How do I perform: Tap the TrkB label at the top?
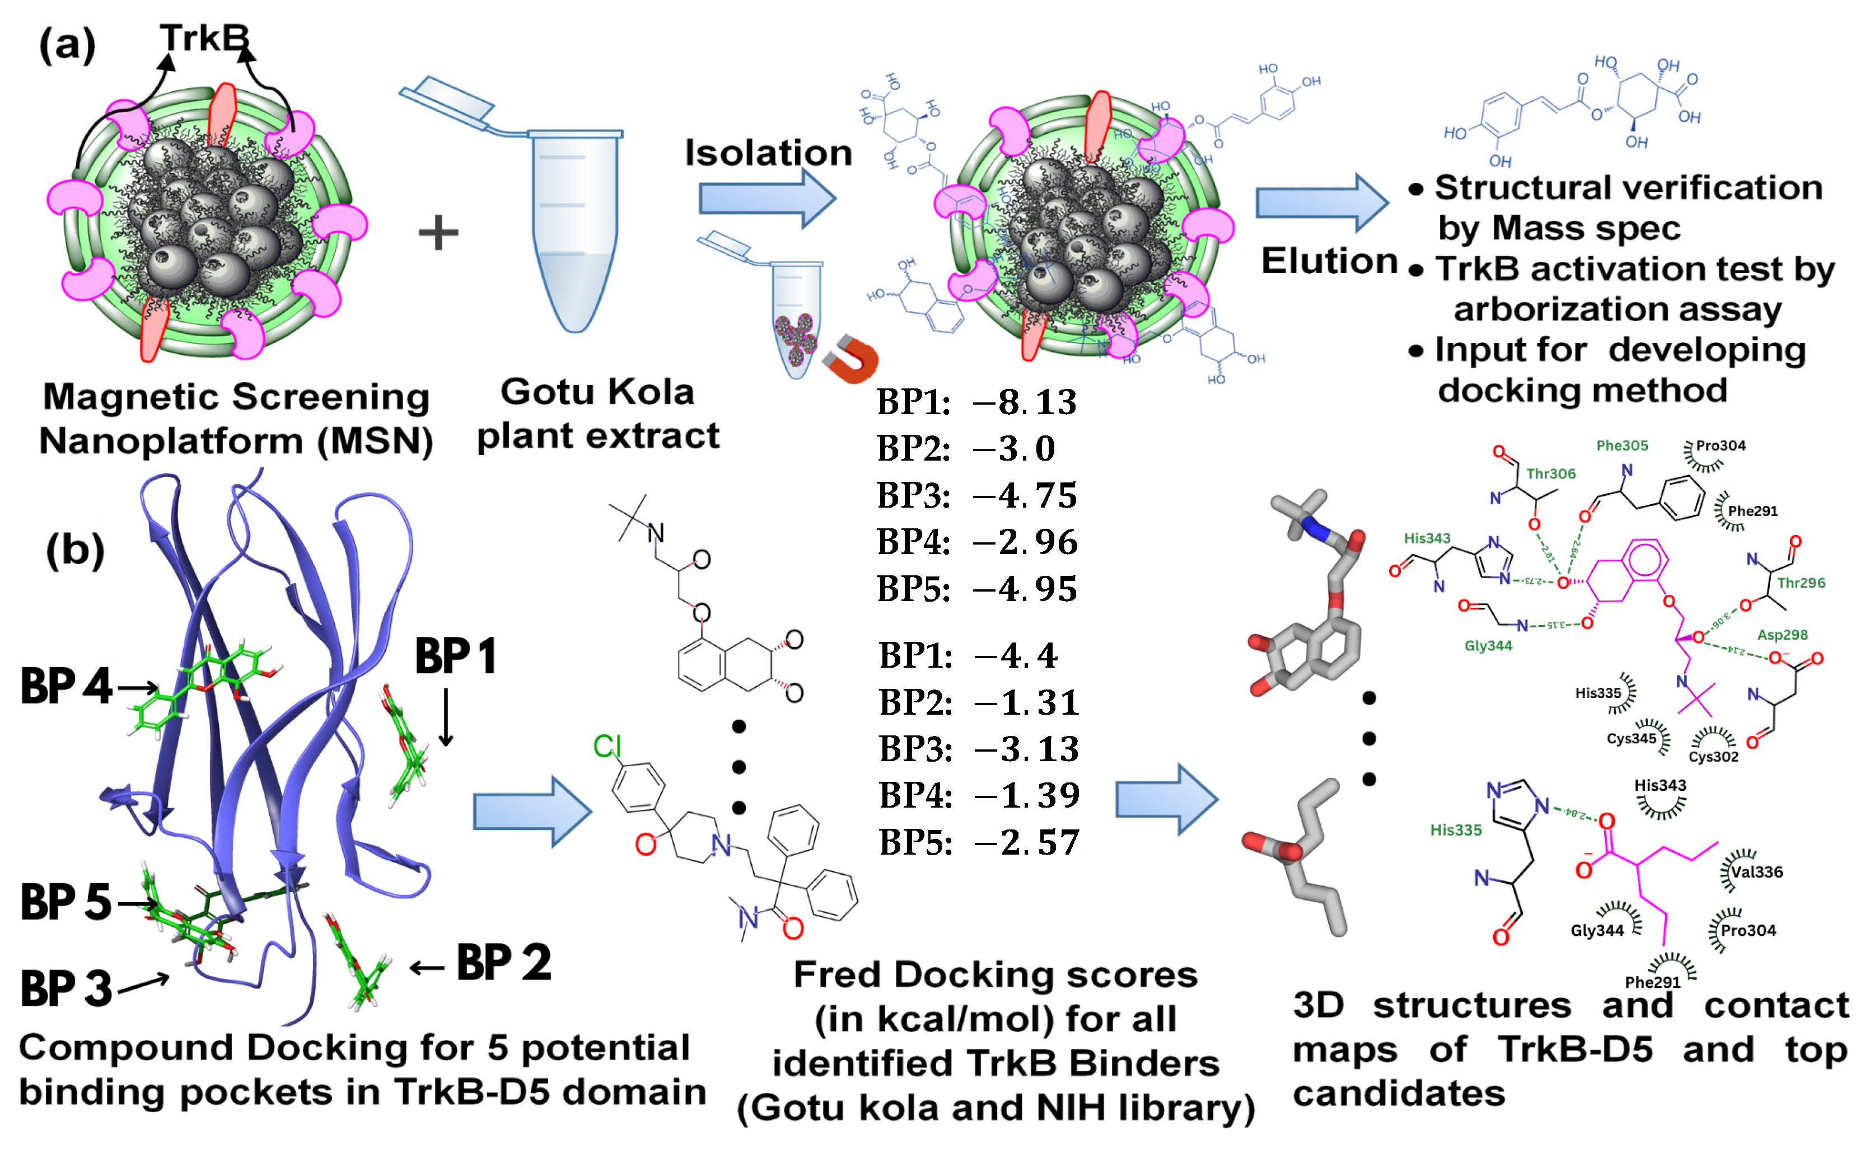(204, 38)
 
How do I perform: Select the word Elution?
(1329, 261)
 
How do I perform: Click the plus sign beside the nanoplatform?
(438, 232)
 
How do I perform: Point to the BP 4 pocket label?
(67, 686)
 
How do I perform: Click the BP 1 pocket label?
(455, 656)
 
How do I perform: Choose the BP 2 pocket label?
(503, 964)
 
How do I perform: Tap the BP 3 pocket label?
(67, 989)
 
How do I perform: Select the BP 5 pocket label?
(67, 903)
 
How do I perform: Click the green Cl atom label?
(607, 747)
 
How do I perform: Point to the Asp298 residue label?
(1782, 635)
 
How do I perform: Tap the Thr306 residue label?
(1550, 474)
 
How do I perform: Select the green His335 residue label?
(1456, 831)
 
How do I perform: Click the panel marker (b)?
(75, 550)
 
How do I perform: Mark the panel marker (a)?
(68, 45)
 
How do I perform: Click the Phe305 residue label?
(1621, 446)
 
